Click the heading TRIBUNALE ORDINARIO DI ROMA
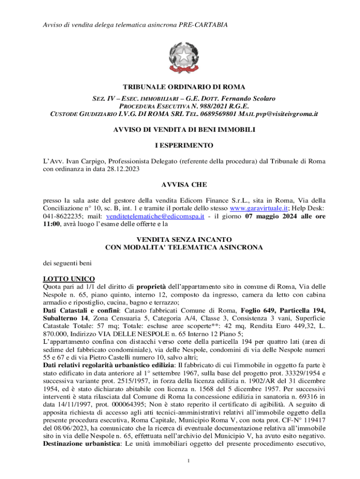(x=180, y=87)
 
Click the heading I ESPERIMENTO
(x=180, y=145)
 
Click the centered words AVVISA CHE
(x=180, y=185)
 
